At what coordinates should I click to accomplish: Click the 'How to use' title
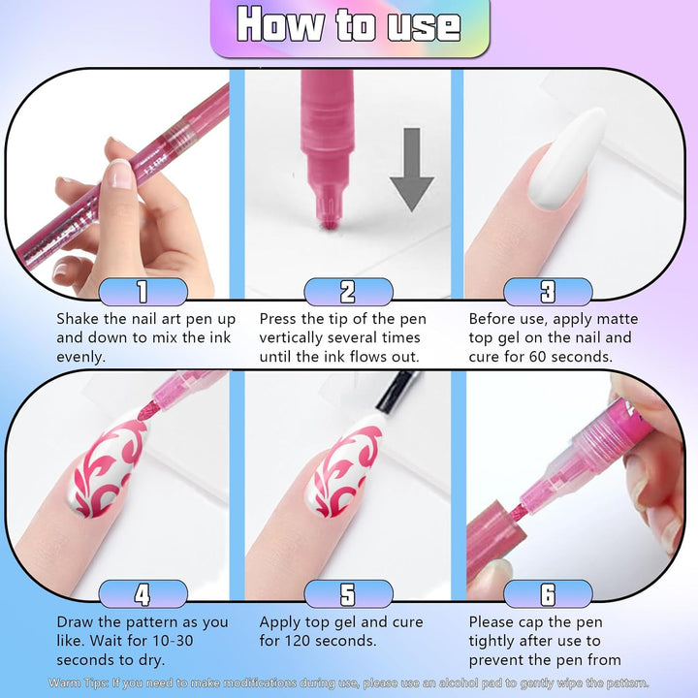(x=349, y=26)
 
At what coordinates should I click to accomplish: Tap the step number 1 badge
(x=143, y=292)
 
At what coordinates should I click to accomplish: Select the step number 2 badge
(x=348, y=292)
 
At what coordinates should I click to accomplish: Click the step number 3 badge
(x=548, y=292)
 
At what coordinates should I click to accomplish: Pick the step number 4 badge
(x=143, y=593)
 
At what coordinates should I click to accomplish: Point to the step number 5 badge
(x=348, y=593)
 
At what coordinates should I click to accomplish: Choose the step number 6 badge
(x=548, y=593)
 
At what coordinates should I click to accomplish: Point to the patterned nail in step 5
(x=343, y=471)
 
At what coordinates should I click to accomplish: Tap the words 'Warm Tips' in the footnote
(x=78, y=683)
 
